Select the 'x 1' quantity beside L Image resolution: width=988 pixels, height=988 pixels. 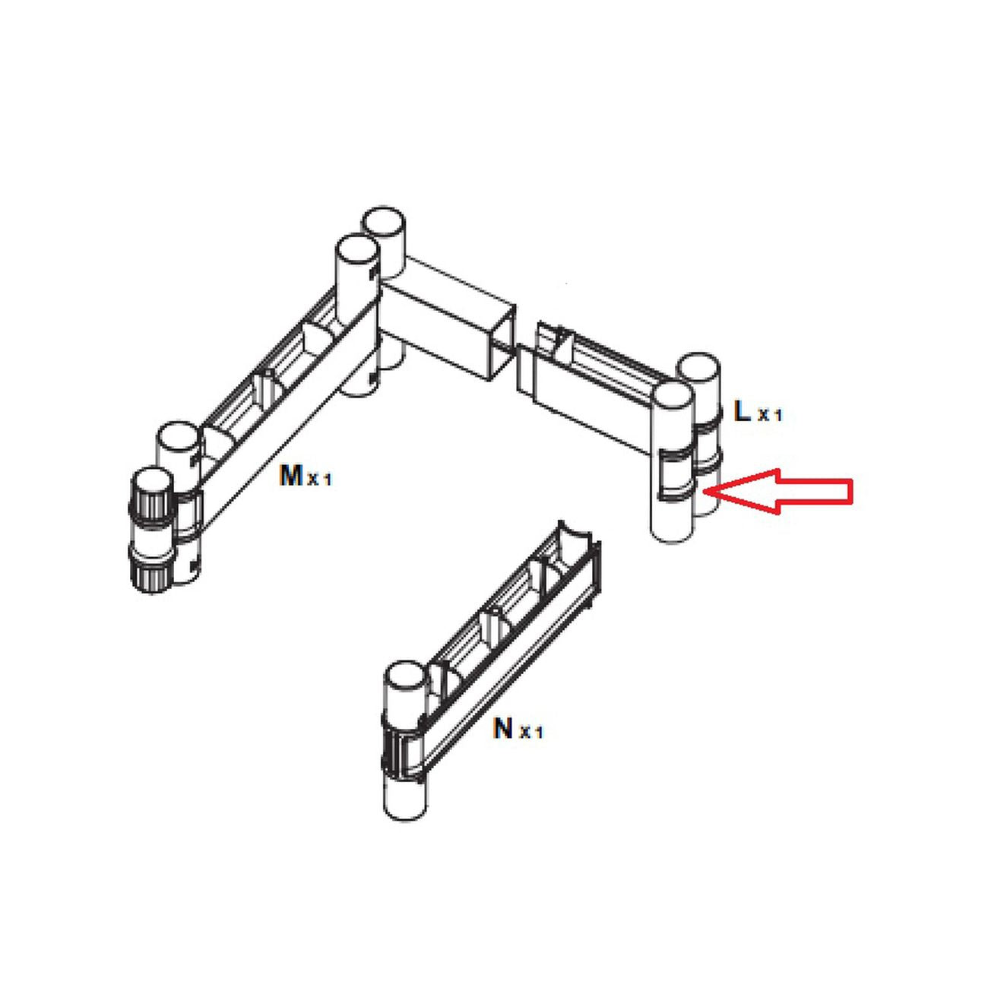(x=770, y=415)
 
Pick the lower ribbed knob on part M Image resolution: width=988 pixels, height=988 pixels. (x=150, y=569)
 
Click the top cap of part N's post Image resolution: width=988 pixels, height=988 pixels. (x=404, y=682)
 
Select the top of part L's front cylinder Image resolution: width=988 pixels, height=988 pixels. (x=672, y=402)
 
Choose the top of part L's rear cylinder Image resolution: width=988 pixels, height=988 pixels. (x=699, y=371)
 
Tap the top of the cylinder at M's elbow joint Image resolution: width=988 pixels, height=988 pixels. (x=357, y=253)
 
